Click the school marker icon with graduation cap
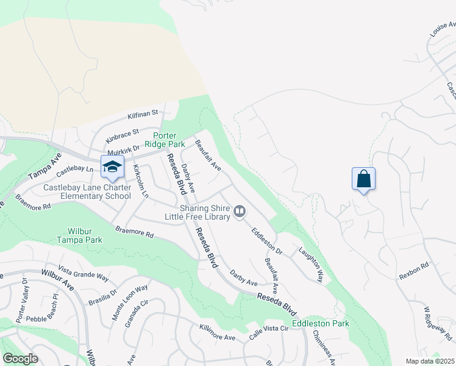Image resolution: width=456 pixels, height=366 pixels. pyautogui.click(x=112, y=167)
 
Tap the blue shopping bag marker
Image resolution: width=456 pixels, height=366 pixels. pyautogui.click(x=363, y=179)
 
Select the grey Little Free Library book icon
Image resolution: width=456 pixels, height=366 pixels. pyautogui.click(x=240, y=212)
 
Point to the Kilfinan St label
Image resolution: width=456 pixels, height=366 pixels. pyautogui.click(x=143, y=113)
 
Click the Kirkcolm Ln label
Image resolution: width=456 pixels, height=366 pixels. pyautogui.click(x=141, y=181)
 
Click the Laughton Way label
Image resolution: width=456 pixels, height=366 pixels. pyautogui.click(x=310, y=264)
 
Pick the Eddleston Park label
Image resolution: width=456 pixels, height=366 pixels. pyautogui.click(x=321, y=323)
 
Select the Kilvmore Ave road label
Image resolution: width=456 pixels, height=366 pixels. pyautogui.click(x=217, y=332)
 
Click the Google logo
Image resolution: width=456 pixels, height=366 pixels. pyautogui.click(x=20, y=359)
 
